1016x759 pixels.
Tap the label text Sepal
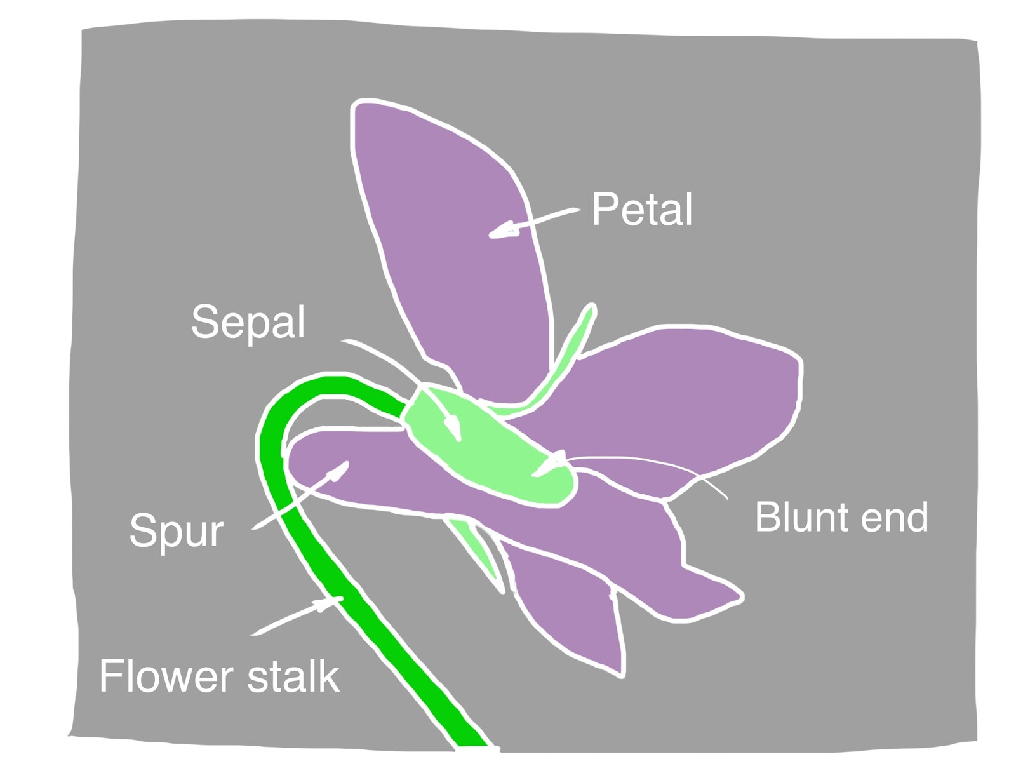pyautogui.click(x=248, y=322)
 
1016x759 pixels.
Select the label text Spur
pyautogui.click(x=177, y=530)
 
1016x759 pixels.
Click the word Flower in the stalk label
pyautogui.click(x=166, y=676)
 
